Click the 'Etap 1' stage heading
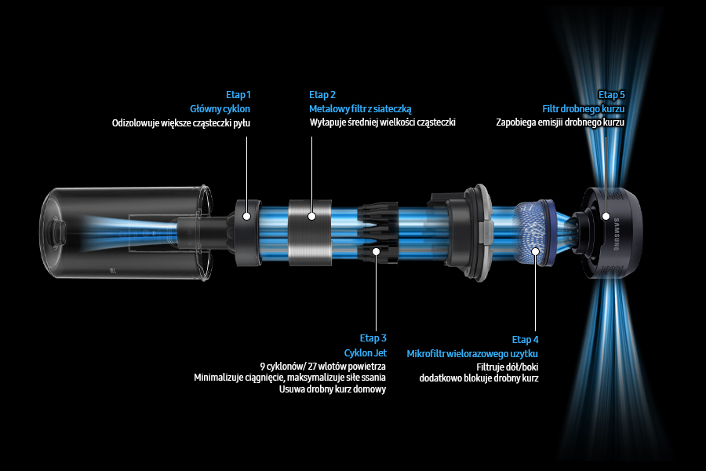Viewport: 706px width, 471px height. [x=238, y=95]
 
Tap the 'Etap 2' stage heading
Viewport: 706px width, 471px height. [x=322, y=95]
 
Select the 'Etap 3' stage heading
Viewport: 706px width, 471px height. [x=373, y=338]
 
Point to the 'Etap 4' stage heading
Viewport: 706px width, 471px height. [x=526, y=340]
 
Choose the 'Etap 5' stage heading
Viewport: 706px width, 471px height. [x=611, y=95]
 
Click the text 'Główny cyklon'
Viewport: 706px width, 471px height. [x=220, y=109]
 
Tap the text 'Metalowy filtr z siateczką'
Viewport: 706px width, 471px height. [x=360, y=109]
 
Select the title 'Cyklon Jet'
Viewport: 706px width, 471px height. [x=366, y=352]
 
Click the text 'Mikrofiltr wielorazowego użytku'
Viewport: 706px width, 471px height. [x=472, y=354]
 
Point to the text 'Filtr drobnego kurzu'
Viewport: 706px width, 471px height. [x=584, y=109]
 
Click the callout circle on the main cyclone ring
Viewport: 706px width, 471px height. [x=246, y=215]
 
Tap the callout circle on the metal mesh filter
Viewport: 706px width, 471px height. [x=311, y=215]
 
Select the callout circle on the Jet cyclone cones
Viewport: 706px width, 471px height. [x=377, y=251]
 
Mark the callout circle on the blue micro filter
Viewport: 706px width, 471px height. [x=536, y=252]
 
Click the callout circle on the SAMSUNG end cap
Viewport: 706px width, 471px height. [x=606, y=215]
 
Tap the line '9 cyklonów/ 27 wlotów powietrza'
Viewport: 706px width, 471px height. [x=323, y=366]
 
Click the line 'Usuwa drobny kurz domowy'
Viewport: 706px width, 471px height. [x=333, y=389]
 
